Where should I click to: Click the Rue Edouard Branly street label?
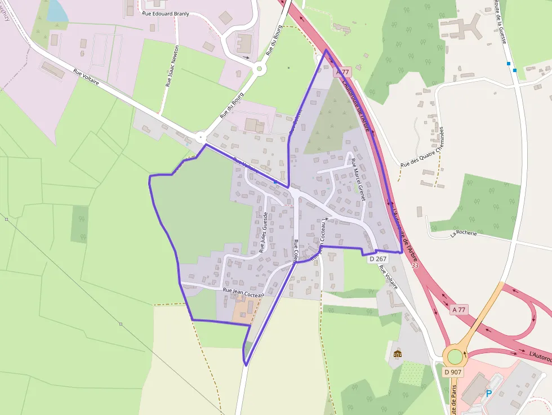pos(165,13)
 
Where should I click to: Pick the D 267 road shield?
pos(378,258)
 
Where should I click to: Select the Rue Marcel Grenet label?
pos(358,180)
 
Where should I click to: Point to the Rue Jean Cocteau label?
pos(243,293)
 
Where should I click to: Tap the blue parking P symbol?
pos(488,394)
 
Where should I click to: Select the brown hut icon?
pos(398,354)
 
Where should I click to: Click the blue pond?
pos(56,10)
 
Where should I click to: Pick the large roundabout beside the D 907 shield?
pos(455,356)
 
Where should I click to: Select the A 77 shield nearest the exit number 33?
pos(459,309)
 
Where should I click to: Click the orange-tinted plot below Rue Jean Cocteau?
pos(246,307)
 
